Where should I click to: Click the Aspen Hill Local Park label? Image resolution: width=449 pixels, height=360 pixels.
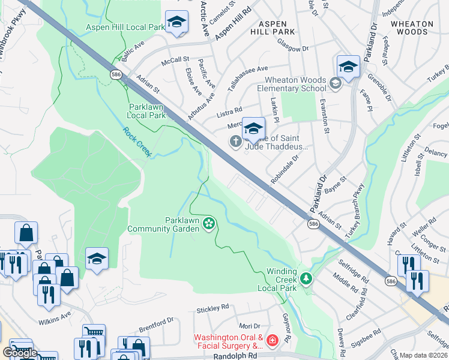[x=125, y=27]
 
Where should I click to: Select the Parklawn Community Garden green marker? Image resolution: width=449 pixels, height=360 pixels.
[x=209, y=224]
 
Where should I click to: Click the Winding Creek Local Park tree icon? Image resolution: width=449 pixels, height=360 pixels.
[x=306, y=278]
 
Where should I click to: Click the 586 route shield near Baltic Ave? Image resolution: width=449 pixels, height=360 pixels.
[x=116, y=73]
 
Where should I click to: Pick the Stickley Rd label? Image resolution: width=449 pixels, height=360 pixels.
[x=213, y=308]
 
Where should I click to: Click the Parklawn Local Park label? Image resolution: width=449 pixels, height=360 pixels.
[x=147, y=110]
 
